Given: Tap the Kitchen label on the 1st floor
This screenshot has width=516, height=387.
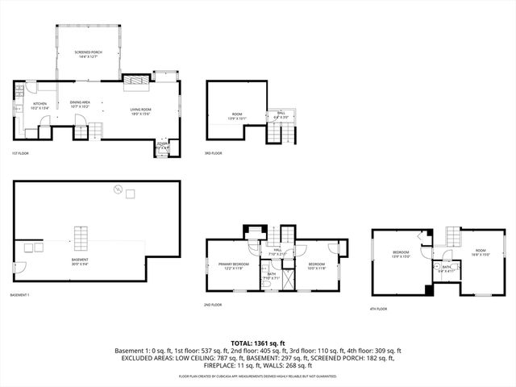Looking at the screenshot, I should (x=40, y=106).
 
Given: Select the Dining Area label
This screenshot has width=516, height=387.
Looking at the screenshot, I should (x=79, y=104).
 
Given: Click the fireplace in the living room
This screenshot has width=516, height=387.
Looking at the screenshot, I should (x=136, y=81).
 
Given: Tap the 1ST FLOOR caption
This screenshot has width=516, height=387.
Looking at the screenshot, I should (x=20, y=153).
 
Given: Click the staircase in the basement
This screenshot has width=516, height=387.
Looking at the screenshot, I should (x=80, y=239).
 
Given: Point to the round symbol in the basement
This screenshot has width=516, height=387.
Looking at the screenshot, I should (x=118, y=190).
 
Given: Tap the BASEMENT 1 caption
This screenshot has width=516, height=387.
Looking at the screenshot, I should (x=20, y=295).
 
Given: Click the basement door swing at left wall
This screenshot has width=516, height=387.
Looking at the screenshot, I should (x=21, y=267).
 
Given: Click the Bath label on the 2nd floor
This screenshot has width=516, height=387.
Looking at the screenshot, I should (x=270, y=277).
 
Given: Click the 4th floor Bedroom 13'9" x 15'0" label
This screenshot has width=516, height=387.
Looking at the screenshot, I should (x=401, y=256).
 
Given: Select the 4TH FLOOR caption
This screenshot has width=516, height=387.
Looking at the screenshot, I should (x=379, y=309).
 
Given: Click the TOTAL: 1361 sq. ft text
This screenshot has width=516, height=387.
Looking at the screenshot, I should (x=257, y=342).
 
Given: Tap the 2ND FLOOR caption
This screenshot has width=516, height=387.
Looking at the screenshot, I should (x=213, y=305).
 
